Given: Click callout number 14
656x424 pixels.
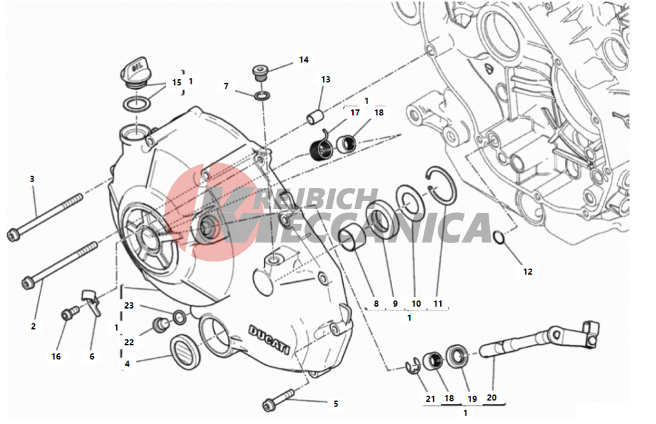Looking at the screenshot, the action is pyautogui.click(x=304, y=60).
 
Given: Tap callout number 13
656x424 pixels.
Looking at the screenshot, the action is pyautogui.click(x=325, y=79).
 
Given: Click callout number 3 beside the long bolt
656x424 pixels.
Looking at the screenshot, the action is pyautogui.click(x=31, y=179).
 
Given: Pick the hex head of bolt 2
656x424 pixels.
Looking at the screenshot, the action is pyautogui.click(x=28, y=284).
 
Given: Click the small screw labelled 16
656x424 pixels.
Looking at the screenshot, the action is pyautogui.click(x=70, y=313).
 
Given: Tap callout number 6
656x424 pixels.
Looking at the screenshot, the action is pyautogui.click(x=92, y=357).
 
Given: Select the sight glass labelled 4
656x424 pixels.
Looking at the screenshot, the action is pyautogui.click(x=186, y=351).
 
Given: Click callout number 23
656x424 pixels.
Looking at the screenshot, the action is pyautogui.click(x=129, y=305).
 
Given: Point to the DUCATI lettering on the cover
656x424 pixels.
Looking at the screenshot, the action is pyautogui.click(x=270, y=339).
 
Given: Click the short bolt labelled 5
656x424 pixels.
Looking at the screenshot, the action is pyautogui.click(x=279, y=399).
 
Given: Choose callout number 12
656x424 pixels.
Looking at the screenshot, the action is pyautogui.click(x=527, y=271).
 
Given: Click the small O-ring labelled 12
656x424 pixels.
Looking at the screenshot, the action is pyautogui.click(x=499, y=238).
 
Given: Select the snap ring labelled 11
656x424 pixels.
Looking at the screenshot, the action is pyautogui.click(x=441, y=185).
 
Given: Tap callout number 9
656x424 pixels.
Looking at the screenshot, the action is pyautogui.click(x=395, y=303).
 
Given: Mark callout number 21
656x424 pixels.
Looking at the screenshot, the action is pyautogui.click(x=430, y=399).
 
